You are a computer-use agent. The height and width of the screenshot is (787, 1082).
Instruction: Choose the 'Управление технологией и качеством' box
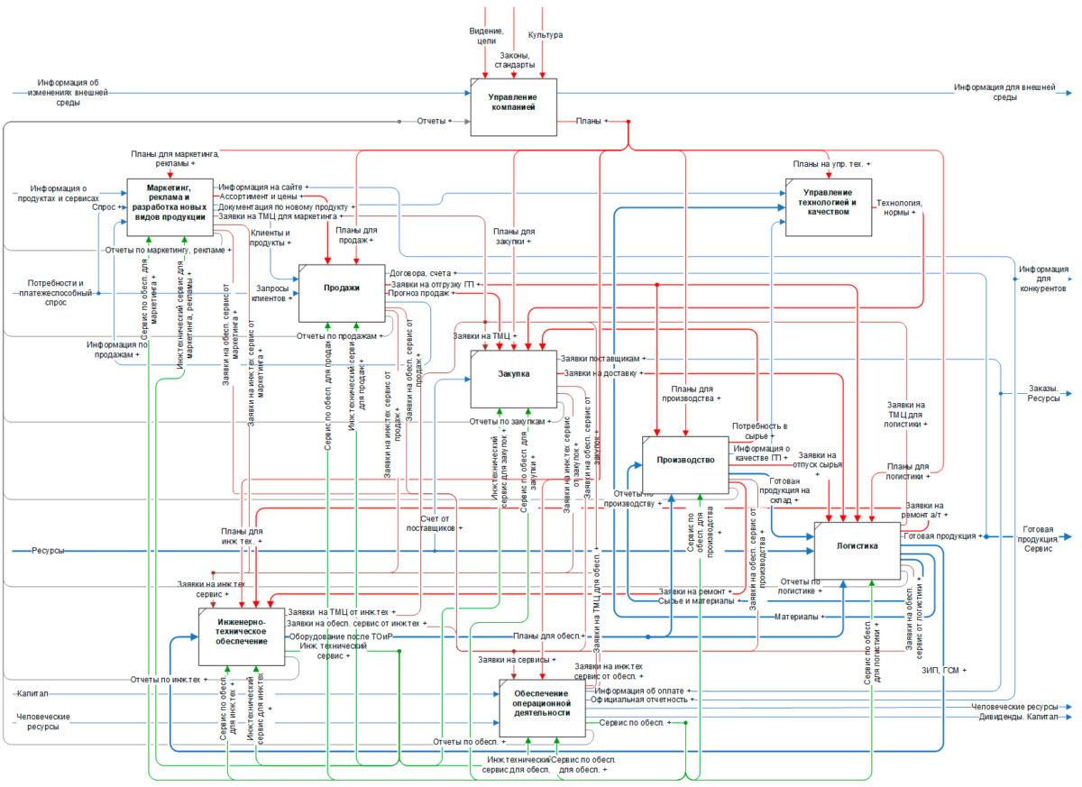828,206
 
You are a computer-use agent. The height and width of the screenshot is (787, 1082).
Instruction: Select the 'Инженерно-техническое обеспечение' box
242,636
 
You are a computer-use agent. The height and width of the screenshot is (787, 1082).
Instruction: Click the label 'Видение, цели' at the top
486,35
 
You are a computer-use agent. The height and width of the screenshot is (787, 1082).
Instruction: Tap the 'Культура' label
546,35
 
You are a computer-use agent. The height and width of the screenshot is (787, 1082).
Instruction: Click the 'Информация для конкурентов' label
1043,279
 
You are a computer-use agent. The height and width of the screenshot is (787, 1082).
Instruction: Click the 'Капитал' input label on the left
32,694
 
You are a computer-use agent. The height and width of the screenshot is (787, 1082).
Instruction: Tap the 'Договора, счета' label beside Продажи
418,272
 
